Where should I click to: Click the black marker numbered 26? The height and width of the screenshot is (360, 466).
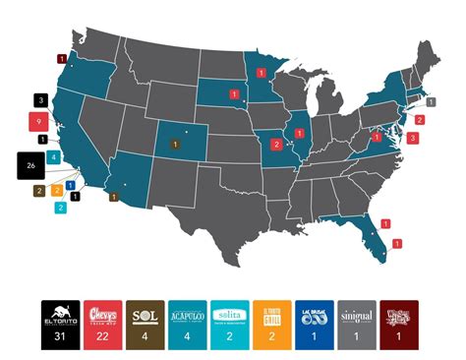point(30,164)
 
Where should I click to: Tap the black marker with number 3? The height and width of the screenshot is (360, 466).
point(40,100)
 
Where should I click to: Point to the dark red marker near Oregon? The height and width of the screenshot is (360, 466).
point(63,59)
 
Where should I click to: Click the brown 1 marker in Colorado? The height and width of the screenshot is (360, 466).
point(175,144)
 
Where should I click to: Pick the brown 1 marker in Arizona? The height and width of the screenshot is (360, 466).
point(114,197)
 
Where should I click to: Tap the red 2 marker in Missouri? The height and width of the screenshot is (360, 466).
point(276,145)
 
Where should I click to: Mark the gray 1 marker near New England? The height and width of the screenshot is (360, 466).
point(432,102)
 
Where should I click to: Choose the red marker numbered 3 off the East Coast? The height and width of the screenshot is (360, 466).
point(412,139)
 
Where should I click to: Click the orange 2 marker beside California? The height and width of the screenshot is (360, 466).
point(58,189)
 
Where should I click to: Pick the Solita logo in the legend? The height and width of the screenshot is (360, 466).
point(230,314)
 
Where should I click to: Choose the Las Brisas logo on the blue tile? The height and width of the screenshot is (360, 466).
point(314,314)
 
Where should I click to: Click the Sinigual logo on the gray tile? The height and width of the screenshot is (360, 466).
point(356,314)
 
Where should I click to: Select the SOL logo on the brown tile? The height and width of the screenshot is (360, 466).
point(146,314)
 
